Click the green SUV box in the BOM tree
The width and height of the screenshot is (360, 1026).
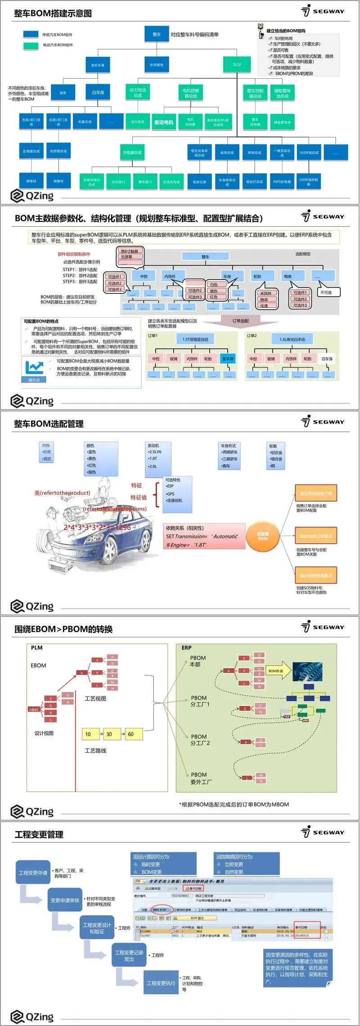tap(237, 64)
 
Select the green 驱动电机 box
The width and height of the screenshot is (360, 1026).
tap(164, 122)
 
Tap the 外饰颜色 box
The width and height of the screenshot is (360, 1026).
tap(157, 65)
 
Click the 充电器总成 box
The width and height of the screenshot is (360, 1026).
tap(132, 153)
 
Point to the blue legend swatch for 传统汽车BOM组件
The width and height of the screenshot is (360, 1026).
tap(31, 34)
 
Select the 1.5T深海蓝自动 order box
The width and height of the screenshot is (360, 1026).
tap(195, 339)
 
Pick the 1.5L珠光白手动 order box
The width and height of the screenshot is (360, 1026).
tap(292, 339)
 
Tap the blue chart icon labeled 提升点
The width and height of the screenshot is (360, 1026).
tap(34, 369)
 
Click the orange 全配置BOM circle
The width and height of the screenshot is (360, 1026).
tap(263, 536)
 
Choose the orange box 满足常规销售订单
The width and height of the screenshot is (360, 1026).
tap(316, 493)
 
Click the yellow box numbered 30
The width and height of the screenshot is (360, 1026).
tap(109, 734)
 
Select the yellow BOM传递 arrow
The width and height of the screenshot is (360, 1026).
tap(278, 671)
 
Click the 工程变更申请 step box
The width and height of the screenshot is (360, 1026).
tap(33, 872)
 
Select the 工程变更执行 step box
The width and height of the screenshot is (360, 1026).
tap(161, 983)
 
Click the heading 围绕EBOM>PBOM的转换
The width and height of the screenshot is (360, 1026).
tap(63, 629)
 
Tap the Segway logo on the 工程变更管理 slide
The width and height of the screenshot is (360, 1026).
tap(324, 832)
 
